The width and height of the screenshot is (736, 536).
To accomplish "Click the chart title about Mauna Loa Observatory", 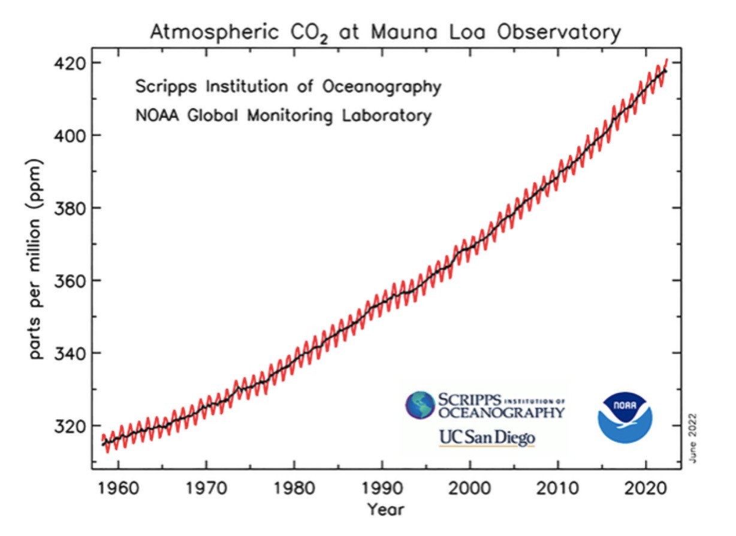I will pos(385,32).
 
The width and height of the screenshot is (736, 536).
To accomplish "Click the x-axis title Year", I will pos(387,510).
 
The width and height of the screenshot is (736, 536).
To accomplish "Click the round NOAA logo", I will pos(625,417).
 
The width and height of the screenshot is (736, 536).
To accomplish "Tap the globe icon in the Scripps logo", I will pos(421,405).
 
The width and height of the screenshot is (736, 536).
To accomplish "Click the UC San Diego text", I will pos(487,438).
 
